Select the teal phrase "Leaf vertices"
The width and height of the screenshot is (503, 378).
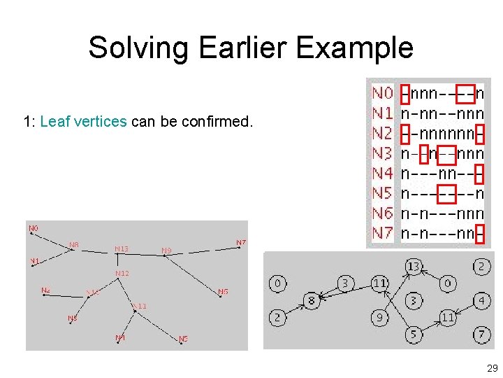[x=84, y=122]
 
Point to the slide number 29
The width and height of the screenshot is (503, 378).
[x=491, y=368]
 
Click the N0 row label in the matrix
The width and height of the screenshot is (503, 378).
[x=382, y=93]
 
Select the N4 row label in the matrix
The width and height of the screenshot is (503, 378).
[x=382, y=173]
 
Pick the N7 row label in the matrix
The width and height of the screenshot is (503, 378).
[x=382, y=233]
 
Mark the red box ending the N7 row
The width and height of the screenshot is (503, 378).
[x=479, y=234]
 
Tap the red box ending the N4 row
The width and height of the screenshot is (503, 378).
[x=479, y=174]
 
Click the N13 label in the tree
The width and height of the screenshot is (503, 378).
[x=122, y=248]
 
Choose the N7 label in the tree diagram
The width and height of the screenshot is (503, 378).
[x=240, y=243]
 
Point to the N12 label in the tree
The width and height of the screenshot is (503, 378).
[x=122, y=273]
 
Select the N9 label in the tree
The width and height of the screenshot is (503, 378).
[x=166, y=250]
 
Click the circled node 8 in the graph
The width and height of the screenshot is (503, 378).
[x=311, y=301]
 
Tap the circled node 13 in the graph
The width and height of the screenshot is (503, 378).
[x=414, y=267]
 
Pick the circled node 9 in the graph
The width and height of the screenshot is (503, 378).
[x=379, y=318]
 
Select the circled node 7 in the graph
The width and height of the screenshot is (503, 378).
[x=481, y=335]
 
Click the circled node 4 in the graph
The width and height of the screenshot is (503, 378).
[x=481, y=301]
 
